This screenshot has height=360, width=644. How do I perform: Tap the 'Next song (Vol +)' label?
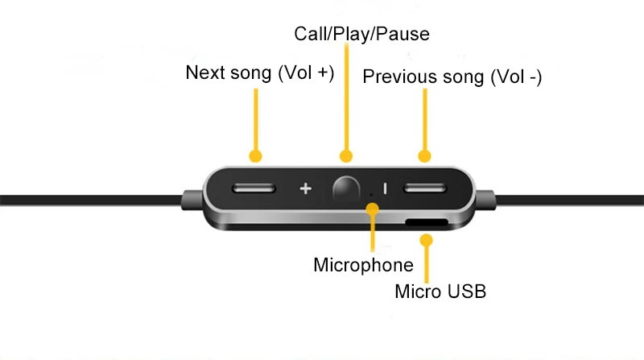coord(259,72)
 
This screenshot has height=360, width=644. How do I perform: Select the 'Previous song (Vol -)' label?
coord(452,77)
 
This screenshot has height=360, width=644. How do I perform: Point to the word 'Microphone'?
coord(363,265)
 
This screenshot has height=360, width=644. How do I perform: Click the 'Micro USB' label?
coord(440,291)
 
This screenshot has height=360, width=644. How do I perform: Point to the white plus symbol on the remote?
coord(305,189)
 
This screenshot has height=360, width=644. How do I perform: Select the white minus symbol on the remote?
coord(385,189)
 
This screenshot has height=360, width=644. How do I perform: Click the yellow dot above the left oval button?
coord(256,155)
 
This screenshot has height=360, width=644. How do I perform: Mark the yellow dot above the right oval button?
coord(424,155)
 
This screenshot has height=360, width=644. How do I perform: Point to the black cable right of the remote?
coord(572,199)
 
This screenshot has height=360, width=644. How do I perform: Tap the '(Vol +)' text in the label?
coord(305,72)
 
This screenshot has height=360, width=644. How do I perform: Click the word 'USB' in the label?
coord(467,291)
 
